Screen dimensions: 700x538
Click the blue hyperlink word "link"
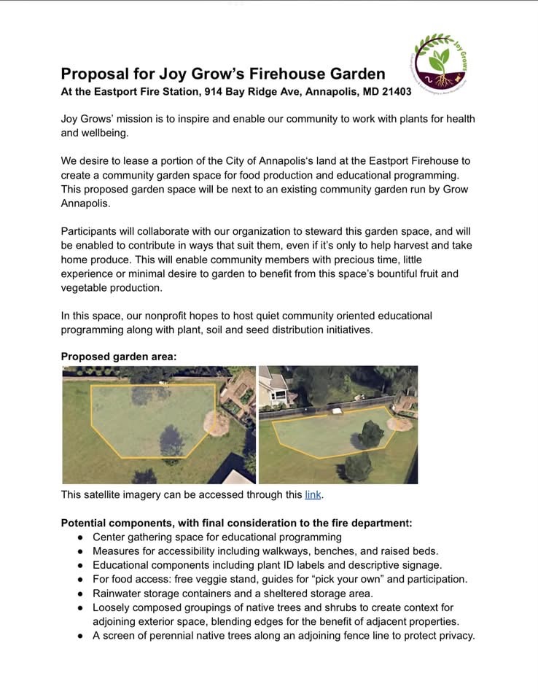(313, 495)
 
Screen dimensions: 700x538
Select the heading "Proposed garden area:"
(119, 357)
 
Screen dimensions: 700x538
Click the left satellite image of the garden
(158, 424)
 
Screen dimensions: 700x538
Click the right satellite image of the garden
(338, 424)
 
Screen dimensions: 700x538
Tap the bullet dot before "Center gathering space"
(80, 537)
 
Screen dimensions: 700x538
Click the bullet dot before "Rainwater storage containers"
(80, 594)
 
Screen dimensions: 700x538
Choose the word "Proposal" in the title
(91, 74)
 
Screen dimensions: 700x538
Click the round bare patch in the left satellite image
(216, 422)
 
